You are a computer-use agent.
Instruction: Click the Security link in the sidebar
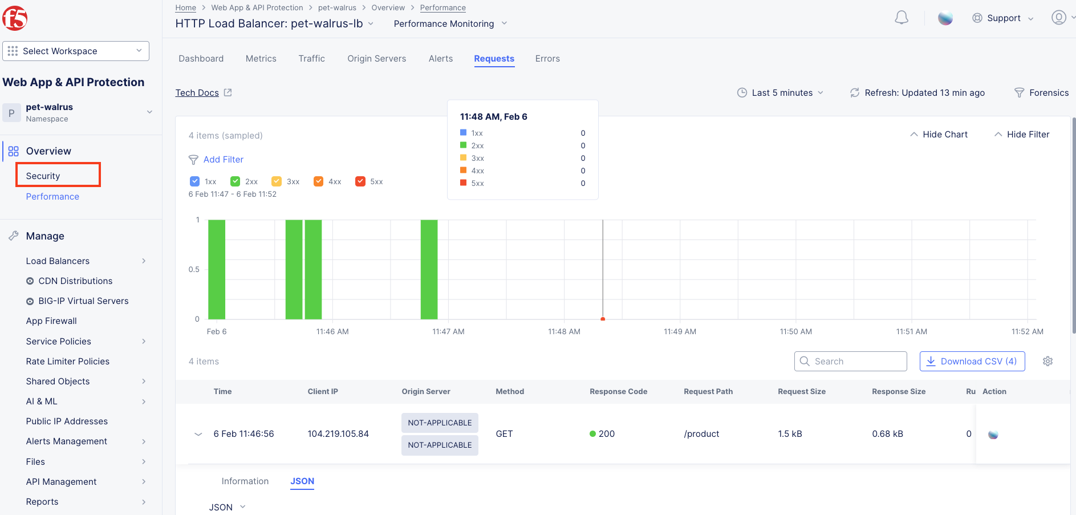tap(43, 176)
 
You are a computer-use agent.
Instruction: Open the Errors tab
tap(547, 59)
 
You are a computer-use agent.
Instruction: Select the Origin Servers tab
tap(376, 59)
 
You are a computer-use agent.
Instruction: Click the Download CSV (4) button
tap(972, 361)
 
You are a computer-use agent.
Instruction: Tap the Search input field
tap(850, 361)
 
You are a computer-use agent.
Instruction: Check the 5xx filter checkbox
tap(360, 181)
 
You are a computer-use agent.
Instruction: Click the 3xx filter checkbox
tap(277, 181)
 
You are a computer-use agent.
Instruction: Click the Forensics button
tap(1042, 92)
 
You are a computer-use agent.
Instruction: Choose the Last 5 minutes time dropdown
tap(781, 92)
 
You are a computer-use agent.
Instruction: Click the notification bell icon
tap(902, 18)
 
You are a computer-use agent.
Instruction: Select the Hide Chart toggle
tap(939, 135)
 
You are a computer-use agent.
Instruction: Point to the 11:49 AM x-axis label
tap(680, 331)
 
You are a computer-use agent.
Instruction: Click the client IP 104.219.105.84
tap(338, 434)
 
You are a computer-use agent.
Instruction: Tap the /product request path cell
tap(701, 434)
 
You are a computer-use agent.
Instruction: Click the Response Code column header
tap(618, 391)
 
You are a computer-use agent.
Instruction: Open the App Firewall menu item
tap(51, 321)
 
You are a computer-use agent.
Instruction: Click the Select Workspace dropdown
tap(76, 51)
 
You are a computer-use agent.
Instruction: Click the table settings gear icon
tap(1047, 361)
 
